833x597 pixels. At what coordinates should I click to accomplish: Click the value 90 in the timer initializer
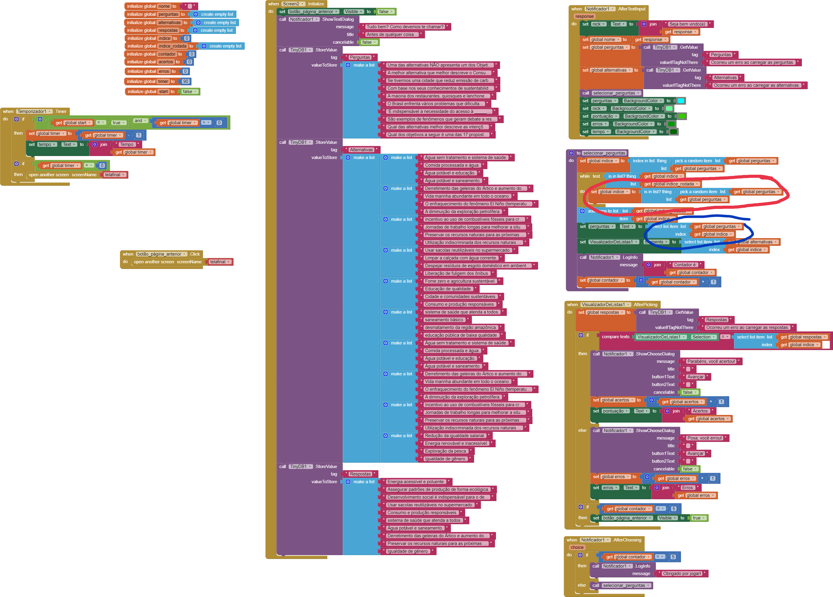[185, 81]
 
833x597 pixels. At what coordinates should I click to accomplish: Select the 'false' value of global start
[188, 92]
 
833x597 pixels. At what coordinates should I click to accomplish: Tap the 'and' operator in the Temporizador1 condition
[138, 121]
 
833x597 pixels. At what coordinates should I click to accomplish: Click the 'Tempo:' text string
[127, 145]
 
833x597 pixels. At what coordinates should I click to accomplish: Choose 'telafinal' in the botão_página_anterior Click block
[218, 262]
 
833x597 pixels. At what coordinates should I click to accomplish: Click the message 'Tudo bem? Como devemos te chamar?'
[405, 27]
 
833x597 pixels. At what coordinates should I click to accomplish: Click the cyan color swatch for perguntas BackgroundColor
[681, 101]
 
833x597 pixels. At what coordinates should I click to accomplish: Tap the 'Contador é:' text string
[685, 265]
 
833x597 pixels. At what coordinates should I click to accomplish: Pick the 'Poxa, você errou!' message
[704, 438]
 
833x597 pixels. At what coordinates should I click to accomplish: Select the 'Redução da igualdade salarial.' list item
[455, 436]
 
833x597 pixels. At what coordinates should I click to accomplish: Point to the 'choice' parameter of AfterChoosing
[577, 547]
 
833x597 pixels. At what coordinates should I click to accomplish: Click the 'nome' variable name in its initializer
[164, 6]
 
